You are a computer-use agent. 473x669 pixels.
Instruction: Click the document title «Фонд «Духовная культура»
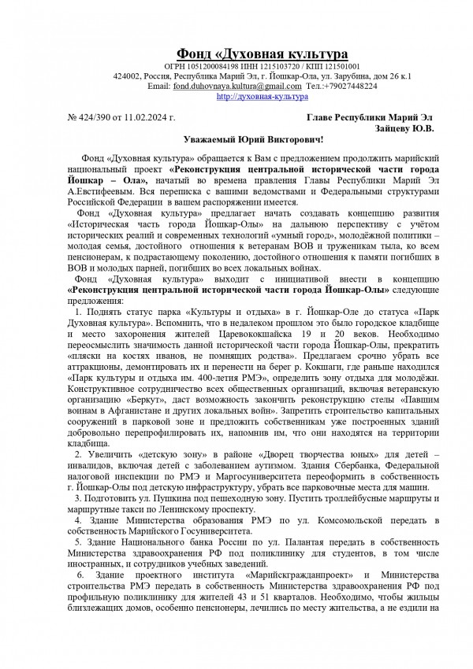coord(262,54)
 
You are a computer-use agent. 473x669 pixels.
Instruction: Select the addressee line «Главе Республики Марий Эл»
coord(370,117)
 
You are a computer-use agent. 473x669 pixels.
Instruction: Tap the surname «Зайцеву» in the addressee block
coord(398,128)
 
